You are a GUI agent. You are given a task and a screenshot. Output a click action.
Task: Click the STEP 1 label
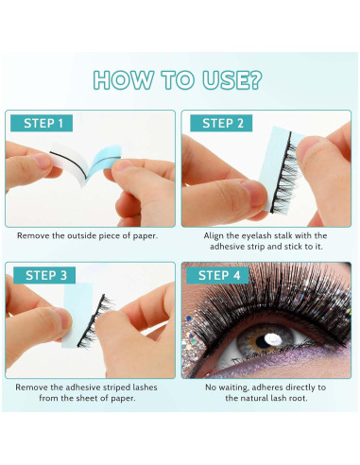[x=42, y=123]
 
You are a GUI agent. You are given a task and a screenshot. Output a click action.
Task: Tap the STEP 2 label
[x=221, y=123]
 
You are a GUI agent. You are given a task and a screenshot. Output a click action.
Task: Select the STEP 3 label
[x=44, y=275]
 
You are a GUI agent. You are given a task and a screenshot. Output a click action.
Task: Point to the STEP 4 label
[x=217, y=275]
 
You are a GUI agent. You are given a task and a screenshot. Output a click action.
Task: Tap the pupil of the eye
[x=263, y=341]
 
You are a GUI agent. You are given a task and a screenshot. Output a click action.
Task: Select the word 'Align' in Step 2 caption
[x=214, y=236]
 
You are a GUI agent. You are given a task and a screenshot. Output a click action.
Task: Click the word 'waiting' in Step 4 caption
[x=233, y=387]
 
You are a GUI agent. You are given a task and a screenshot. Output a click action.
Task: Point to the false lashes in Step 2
[x=283, y=174]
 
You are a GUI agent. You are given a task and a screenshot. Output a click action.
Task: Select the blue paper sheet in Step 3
[x=77, y=315]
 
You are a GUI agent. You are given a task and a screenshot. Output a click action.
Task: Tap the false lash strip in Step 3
[x=95, y=321]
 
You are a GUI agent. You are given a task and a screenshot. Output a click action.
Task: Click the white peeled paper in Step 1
[x=68, y=164]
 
